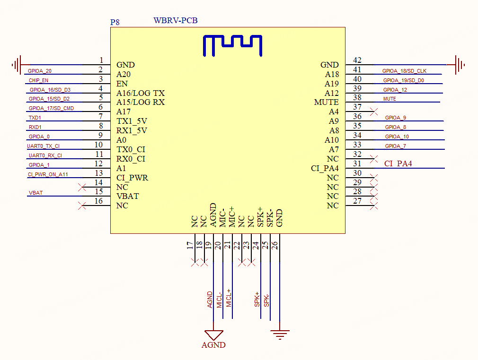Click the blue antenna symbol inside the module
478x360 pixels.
point(232,45)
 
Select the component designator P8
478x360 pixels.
point(115,22)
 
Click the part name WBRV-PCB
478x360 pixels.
point(176,21)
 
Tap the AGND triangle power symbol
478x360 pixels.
point(213,334)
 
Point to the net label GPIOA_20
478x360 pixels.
point(40,71)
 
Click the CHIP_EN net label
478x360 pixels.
point(38,80)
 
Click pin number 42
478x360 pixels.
point(357,60)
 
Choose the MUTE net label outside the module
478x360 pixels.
point(389,99)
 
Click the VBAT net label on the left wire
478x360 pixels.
point(36,193)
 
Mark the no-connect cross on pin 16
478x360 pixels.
point(82,206)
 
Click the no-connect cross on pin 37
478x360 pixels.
point(374,111)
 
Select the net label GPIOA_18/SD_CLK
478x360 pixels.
point(404,71)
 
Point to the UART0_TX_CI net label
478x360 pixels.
point(44,146)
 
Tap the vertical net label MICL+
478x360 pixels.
point(229,298)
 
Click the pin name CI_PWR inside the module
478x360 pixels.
point(132,178)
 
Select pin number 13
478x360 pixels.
point(98,173)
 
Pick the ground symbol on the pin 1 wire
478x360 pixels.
point(17,65)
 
